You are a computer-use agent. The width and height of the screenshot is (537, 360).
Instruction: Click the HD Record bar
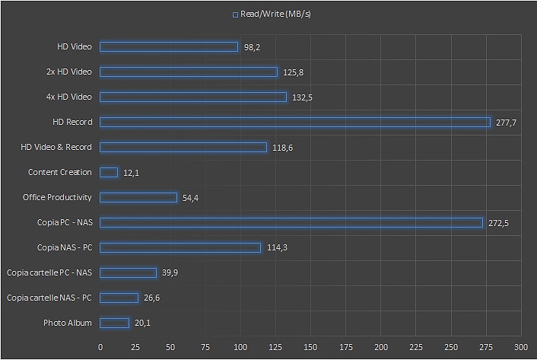pyautogui.click(x=295, y=122)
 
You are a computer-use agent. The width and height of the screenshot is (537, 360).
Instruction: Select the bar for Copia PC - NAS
pyautogui.click(x=291, y=222)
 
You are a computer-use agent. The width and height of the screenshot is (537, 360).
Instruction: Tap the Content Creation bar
pyautogui.click(x=109, y=172)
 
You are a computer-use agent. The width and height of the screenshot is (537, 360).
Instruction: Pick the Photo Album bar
pyautogui.click(x=115, y=323)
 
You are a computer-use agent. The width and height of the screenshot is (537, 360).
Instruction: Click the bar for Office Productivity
pyautogui.click(x=138, y=197)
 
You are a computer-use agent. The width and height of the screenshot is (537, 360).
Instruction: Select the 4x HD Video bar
pyautogui.click(x=193, y=97)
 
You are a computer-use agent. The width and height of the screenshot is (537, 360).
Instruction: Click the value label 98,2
pyautogui.click(x=253, y=47)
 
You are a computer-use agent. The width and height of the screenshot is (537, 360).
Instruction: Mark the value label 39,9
pyautogui.click(x=170, y=273)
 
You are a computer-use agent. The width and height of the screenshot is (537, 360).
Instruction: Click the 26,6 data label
pyautogui.click(x=151, y=298)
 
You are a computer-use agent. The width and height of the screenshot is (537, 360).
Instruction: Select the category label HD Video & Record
pyautogui.click(x=56, y=147)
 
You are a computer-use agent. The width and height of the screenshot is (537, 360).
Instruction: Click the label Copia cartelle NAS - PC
pyautogui.click(x=49, y=298)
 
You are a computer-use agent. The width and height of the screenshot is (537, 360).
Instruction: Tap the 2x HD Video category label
pyautogui.click(x=68, y=72)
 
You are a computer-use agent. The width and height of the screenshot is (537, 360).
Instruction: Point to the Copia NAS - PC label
pyautogui.click(x=64, y=247)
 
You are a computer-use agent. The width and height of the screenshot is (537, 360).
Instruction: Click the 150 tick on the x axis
pyautogui.click(x=310, y=347)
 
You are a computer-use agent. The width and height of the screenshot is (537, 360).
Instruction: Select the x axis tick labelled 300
pyautogui.click(x=521, y=347)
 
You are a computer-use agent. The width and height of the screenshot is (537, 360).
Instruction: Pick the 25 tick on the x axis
pyautogui.click(x=135, y=347)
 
